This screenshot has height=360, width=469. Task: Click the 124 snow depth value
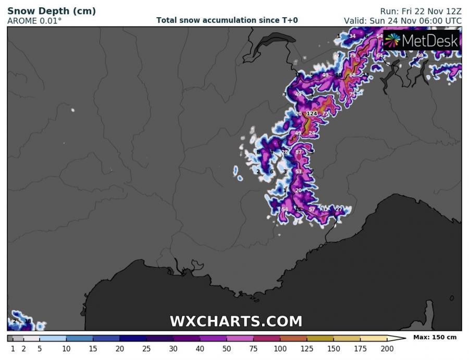[312, 114]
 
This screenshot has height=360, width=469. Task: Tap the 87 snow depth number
[299, 152]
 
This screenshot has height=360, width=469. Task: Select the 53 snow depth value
[299, 171]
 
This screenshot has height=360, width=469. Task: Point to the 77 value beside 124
[325, 114]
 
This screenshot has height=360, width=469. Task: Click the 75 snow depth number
[353, 94]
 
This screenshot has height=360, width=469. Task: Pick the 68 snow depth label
[352, 75]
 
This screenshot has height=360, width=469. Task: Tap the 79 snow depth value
[352, 56]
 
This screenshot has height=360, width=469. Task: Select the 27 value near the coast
[339, 209]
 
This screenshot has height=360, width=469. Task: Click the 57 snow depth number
[312, 209]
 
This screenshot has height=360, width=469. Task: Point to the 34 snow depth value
[352, 36]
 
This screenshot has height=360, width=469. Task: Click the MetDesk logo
[422, 40]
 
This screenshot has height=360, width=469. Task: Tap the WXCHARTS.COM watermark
[236, 321]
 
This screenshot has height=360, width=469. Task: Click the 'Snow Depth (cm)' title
[44, 11]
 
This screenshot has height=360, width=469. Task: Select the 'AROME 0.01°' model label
[34, 21]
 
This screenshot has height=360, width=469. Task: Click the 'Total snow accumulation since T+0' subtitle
[227, 20]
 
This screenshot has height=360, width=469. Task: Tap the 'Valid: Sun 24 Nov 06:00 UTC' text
[402, 21]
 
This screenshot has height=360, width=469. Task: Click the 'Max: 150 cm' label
[435, 338]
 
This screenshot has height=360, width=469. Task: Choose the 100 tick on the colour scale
[280, 348]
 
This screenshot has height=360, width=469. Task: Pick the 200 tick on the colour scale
[387, 348]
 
